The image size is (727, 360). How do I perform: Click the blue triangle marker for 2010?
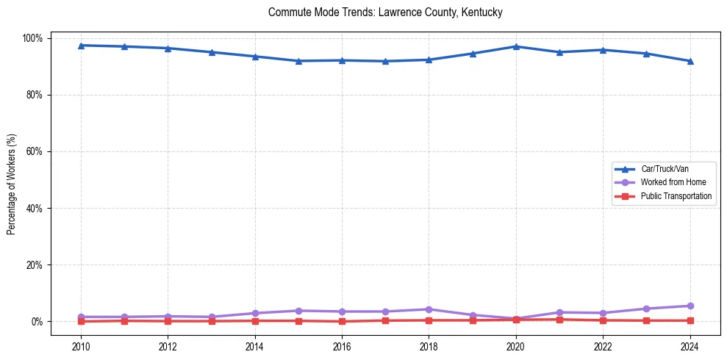81,46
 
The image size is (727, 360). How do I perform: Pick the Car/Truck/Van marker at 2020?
516,46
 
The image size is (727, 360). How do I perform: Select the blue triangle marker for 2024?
690,61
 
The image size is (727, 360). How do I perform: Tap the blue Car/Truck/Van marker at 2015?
298,61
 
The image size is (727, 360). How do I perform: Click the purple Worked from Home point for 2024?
690,306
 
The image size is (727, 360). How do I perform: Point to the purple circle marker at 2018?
429,309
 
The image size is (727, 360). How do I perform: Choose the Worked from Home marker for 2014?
255,313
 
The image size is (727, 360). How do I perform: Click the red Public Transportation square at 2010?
81,321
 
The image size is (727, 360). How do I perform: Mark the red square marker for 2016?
342,321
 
